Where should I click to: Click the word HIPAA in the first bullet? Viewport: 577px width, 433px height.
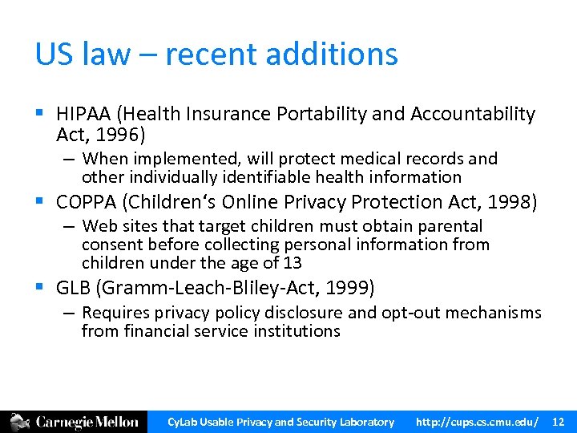tap(83, 115)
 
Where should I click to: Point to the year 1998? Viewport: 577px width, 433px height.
tap(490, 202)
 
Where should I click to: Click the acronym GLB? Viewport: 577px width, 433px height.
tap(73, 287)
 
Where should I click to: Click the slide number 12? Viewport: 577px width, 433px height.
tap(559, 422)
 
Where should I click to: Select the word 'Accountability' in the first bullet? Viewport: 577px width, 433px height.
tap(473, 115)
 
